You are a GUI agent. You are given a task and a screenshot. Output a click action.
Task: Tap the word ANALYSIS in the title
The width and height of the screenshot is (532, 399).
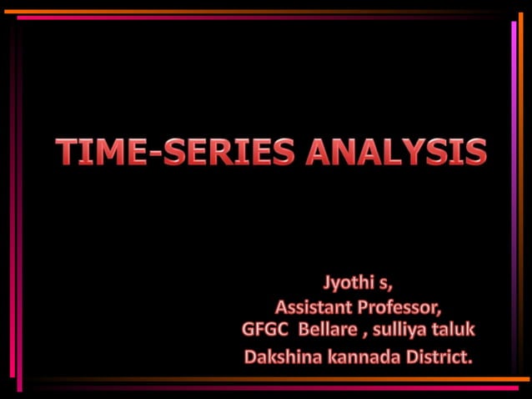pos(395,152)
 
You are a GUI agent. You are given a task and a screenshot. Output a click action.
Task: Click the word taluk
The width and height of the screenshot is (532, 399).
pos(453,329)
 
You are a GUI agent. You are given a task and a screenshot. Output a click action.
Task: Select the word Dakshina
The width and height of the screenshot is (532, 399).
pos(280,357)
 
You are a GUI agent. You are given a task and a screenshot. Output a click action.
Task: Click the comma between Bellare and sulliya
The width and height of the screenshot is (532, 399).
pos(364,333)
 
